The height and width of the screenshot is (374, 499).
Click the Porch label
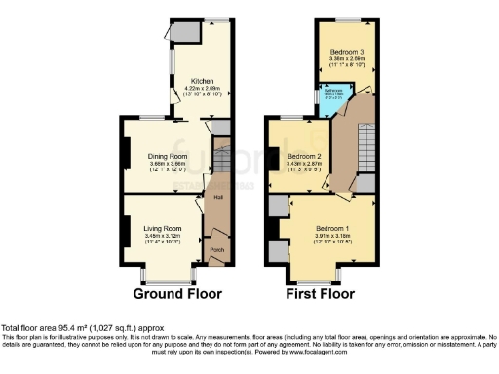pos(217,249)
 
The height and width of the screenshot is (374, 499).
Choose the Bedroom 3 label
pos(346,51)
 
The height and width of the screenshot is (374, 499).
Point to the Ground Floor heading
pos(177,293)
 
